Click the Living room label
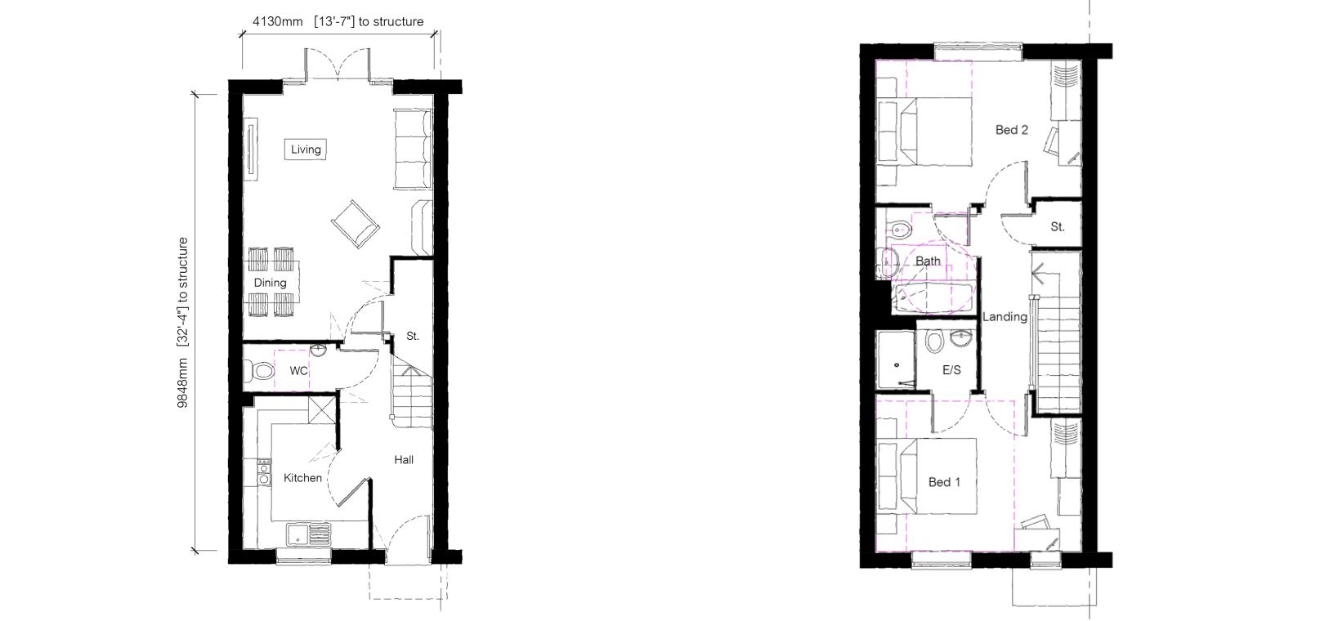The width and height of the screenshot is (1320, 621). (306, 150)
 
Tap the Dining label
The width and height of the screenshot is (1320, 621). (270, 283)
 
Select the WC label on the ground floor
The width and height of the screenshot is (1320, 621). (298, 371)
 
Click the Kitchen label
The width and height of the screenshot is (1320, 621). (303, 478)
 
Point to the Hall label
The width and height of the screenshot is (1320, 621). (404, 459)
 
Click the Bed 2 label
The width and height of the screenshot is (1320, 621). (1011, 130)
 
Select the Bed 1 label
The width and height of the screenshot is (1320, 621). (944, 482)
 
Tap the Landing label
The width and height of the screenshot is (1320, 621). (1005, 317)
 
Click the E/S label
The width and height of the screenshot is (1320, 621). (951, 370)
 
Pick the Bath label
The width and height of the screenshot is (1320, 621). (928, 261)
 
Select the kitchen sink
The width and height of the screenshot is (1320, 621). (309, 534)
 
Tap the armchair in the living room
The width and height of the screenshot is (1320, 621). (356, 224)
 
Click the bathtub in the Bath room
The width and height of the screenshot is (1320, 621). (932, 298)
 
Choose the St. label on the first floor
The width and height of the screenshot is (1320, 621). (1057, 226)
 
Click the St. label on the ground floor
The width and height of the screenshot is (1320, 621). (413, 336)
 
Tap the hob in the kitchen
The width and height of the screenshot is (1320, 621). (263, 472)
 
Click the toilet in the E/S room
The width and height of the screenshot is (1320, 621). (934, 341)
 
